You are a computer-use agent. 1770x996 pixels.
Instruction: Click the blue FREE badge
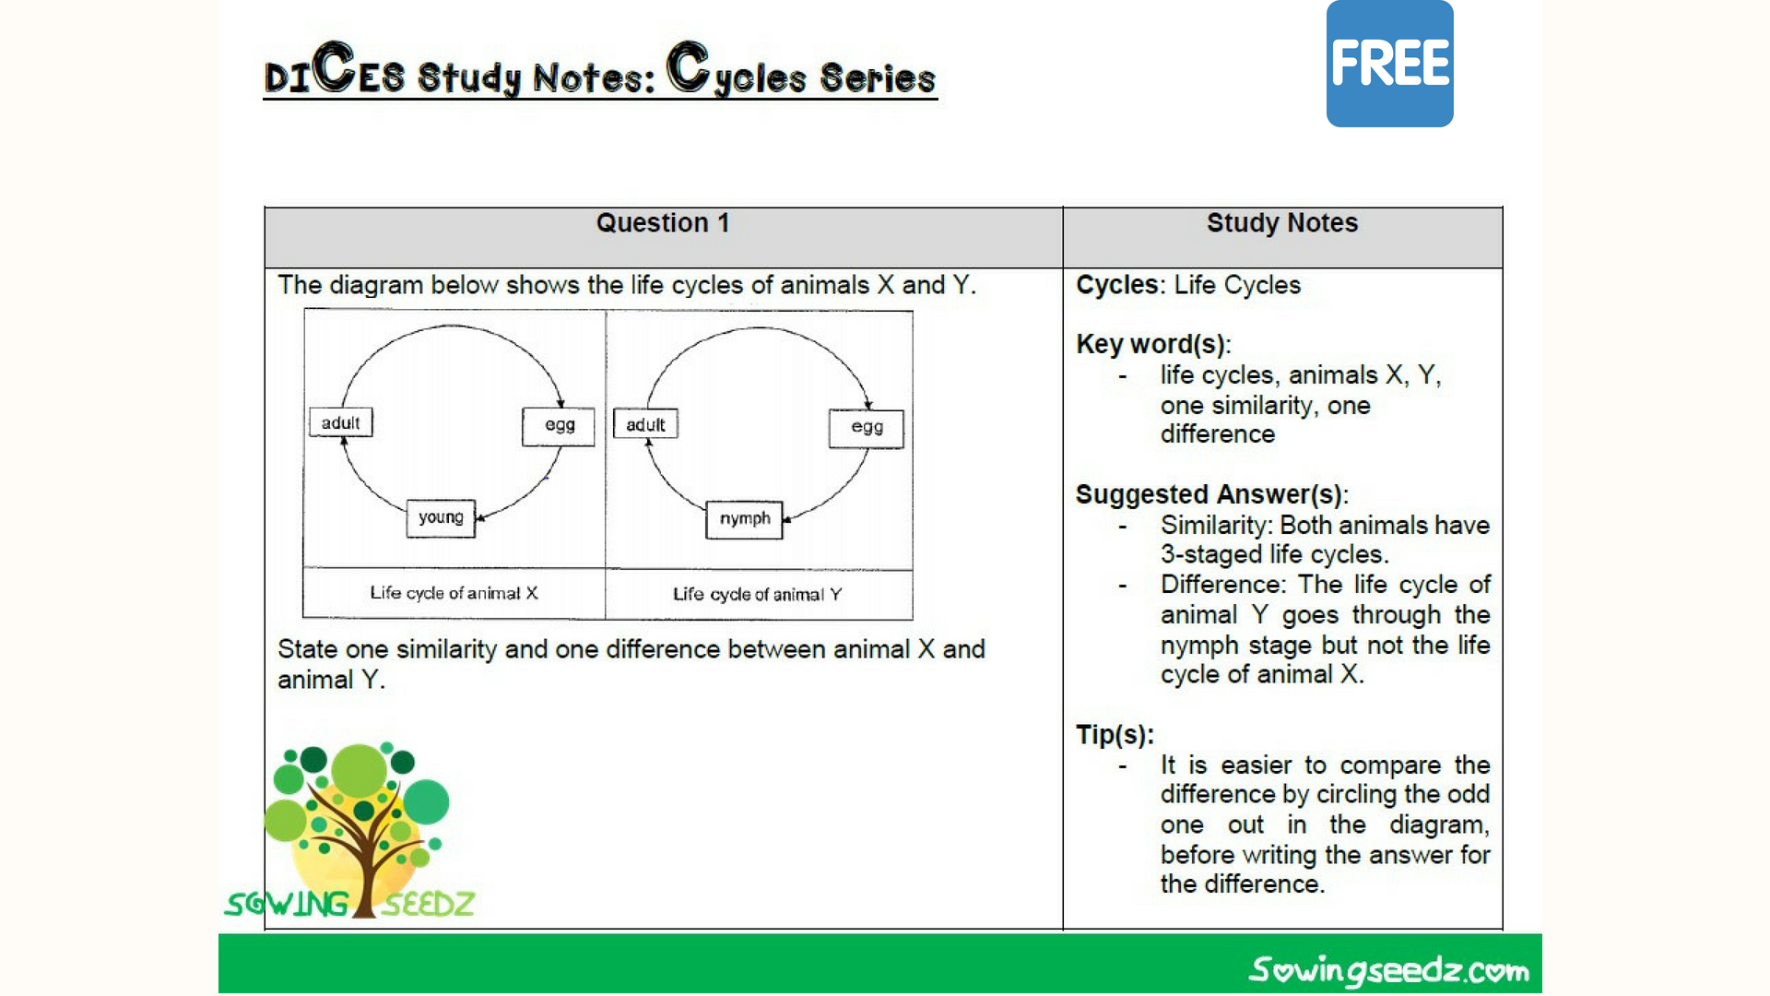[x=1389, y=64]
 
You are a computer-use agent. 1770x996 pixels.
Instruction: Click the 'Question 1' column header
[x=662, y=223]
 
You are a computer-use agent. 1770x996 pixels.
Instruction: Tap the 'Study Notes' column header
[x=1281, y=223]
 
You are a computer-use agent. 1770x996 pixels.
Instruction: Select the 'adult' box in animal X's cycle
[x=340, y=423]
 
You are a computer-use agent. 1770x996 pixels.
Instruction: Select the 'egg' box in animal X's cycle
[x=559, y=426]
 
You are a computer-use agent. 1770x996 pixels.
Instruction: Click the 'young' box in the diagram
[x=441, y=518]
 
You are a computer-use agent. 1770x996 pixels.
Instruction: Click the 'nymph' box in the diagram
[x=744, y=519]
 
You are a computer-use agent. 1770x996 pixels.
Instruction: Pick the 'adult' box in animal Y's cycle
[x=645, y=424]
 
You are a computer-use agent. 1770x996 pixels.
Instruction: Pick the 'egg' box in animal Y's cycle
[x=867, y=428]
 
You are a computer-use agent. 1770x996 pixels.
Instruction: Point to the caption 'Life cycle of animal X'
[x=454, y=593]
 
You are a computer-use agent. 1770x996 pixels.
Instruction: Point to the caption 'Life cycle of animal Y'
[x=757, y=595]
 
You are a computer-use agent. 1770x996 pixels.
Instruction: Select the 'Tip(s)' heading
[x=1115, y=735]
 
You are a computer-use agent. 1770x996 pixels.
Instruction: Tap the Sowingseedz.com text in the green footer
[x=1388, y=970]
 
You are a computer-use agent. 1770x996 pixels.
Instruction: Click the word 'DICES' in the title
[x=334, y=72]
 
